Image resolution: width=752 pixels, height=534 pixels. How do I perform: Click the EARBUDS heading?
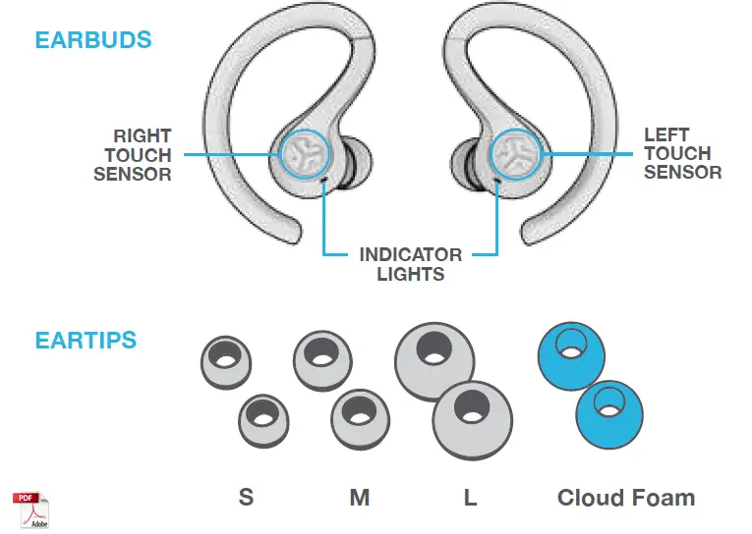tap(93, 41)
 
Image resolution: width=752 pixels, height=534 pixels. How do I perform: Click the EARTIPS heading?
tap(86, 341)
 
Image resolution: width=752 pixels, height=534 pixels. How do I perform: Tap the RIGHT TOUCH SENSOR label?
tap(133, 155)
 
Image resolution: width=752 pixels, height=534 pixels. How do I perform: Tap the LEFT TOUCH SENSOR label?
tap(682, 153)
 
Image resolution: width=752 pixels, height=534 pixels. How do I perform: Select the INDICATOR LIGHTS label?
tap(411, 264)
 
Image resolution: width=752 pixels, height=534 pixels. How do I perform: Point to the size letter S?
tap(246, 498)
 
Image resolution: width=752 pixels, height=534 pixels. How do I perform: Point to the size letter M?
tap(360, 498)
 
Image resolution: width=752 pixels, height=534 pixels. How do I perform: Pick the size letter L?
tap(471, 498)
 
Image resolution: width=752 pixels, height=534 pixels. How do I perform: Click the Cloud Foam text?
tap(625, 498)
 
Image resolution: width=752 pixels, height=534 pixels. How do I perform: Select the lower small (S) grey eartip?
tap(263, 420)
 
